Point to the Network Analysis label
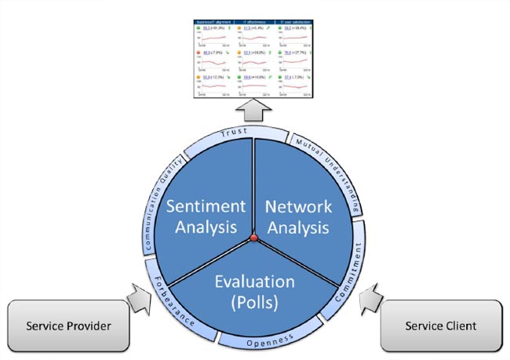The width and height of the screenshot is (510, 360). [x=299, y=216]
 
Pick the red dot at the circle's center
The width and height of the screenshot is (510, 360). [x=253, y=238]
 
